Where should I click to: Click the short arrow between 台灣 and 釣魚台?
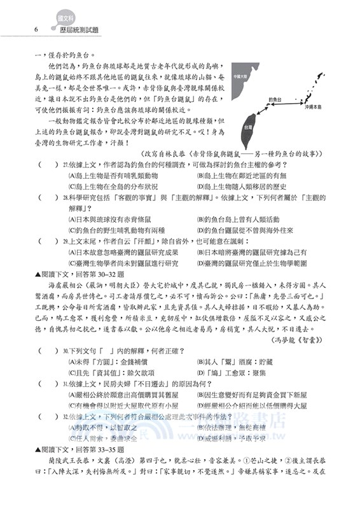[x=266, y=113]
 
